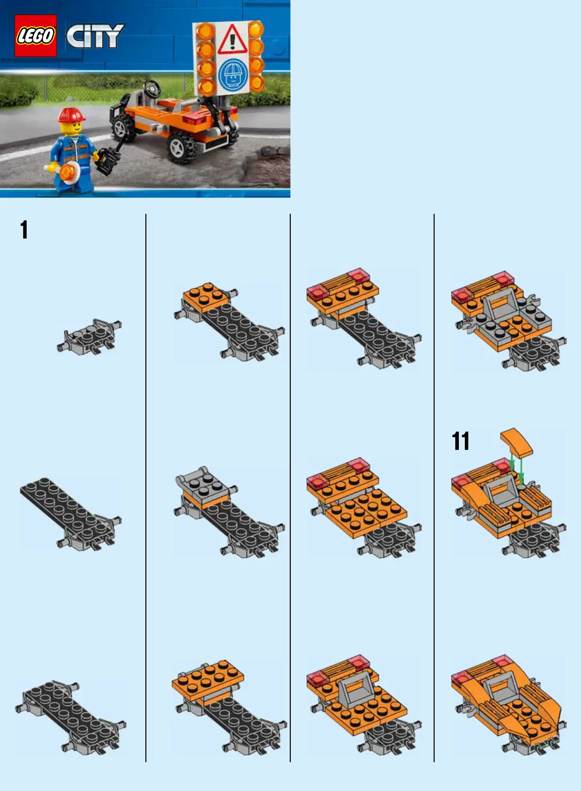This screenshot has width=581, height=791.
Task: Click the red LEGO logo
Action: click(x=36, y=36)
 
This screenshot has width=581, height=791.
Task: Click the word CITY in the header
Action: click(x=95, y=36)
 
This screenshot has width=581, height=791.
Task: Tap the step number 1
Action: click(x=24, y=230)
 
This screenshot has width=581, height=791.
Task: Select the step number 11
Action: click(x=460, y=441)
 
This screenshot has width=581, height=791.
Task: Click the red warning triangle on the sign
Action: click(x=232, y=39)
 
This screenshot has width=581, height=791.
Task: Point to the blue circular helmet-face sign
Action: click(x=234, y=74)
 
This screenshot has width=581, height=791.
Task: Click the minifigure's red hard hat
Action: click(x=72, y=115)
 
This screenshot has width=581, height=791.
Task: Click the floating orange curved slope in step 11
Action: click(x=516, y=442)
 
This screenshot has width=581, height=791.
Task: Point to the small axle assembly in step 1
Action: click(x=89, y=337)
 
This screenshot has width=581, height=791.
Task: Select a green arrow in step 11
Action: click(x=512, y=464)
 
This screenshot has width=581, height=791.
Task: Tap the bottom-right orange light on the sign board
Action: click(x=256, y=82)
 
